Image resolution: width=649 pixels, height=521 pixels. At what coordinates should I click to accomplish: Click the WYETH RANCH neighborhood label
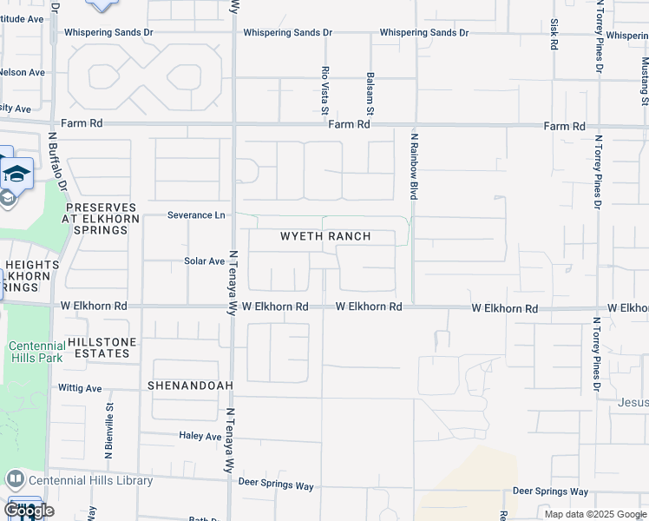(x=325, y=236)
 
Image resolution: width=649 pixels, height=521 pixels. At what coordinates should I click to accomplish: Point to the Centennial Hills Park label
(x=37, y=352)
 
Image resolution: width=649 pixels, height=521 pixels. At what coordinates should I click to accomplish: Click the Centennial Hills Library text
(x=90, y=480)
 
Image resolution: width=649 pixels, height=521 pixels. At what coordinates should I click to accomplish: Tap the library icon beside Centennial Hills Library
(x=15, y=479)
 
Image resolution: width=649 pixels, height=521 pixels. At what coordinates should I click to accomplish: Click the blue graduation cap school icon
(x=16, y=173)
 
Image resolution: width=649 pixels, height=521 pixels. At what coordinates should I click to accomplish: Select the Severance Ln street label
(x=196, y=214)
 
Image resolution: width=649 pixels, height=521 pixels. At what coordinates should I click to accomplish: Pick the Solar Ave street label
(x=204, y=260)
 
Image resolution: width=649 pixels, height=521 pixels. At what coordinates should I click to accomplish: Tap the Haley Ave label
(x=200, y=436)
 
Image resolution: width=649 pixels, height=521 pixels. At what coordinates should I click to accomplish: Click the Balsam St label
(x=370, y=93)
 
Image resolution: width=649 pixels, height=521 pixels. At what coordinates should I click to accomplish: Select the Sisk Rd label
(x=554, y=34)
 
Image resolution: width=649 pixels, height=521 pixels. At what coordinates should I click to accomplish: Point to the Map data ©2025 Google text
(x=594, y=514)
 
